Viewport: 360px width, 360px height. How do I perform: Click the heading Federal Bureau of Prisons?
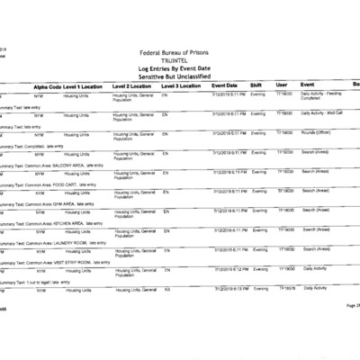tap(180, 53)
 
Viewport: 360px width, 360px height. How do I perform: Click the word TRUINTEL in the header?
tap(180, 61)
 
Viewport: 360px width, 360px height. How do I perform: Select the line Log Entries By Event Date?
tap(180, 68)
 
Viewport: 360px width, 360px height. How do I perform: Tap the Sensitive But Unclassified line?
tap(180, 76)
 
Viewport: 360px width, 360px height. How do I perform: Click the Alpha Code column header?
tap(47, 85)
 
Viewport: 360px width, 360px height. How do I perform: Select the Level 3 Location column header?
tap(182, 85)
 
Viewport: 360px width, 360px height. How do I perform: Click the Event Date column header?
tap(225, 85)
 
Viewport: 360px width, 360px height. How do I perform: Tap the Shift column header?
tap(256, 85)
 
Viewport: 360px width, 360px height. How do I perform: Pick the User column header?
tap(282, 85)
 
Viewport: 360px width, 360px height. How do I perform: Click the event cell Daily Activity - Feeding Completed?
tap(322, 95)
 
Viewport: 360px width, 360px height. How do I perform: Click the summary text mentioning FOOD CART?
tap(49, 185)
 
